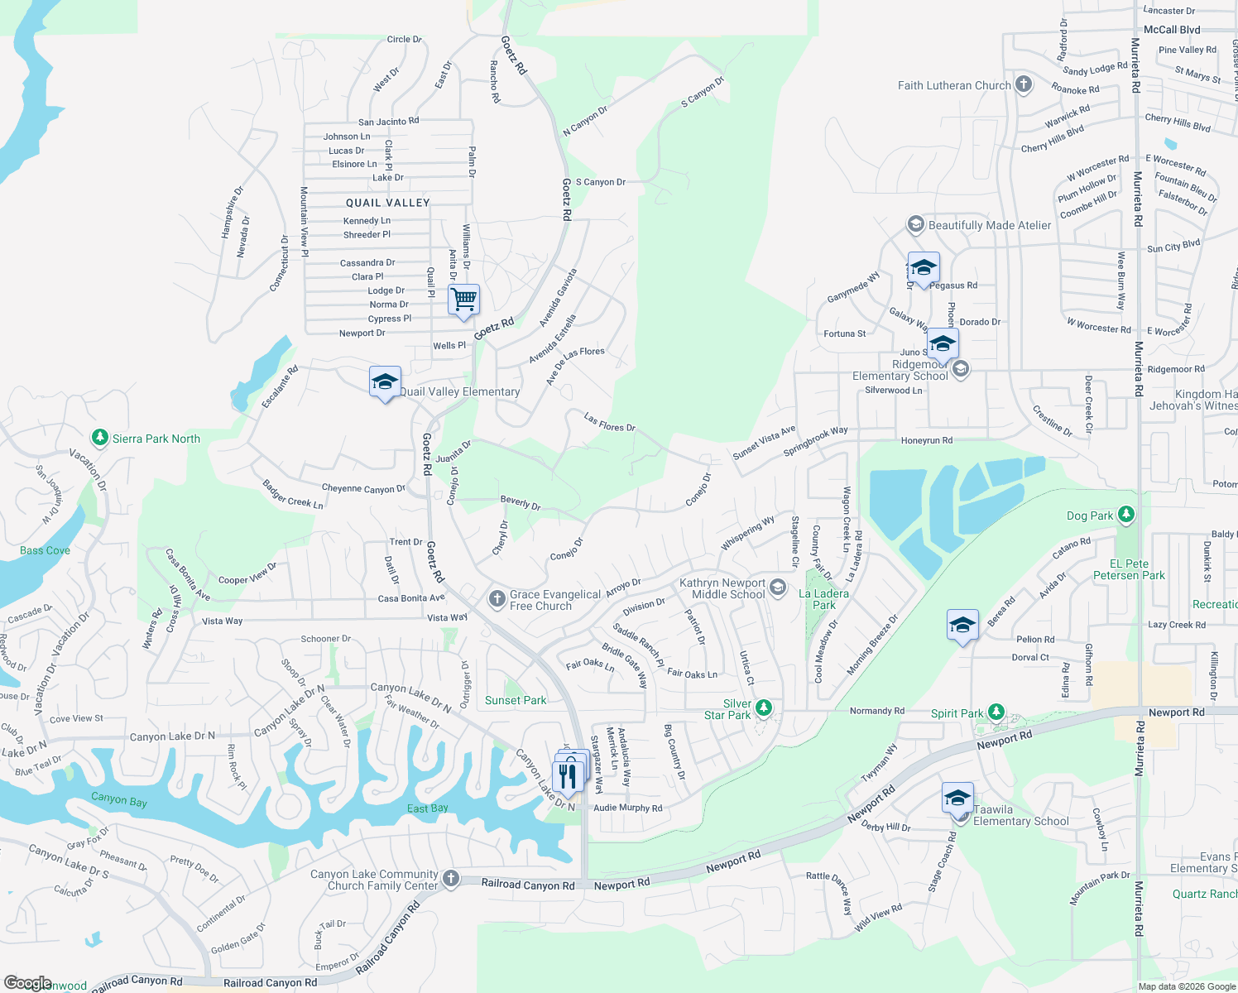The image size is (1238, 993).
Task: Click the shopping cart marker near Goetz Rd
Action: click(464, 300)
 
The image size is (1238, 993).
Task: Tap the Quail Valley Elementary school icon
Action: click(385, 381)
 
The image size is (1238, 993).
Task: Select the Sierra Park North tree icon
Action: click(100, 438)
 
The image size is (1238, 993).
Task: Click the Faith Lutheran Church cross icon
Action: click(1024, 84)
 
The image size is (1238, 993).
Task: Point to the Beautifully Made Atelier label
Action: click(989, 225)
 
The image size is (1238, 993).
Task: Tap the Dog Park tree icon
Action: click(1125, 515)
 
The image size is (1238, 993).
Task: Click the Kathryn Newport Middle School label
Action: click(722, 588)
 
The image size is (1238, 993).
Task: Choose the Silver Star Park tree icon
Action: click(764, 708)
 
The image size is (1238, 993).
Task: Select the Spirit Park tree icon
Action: click(996, 712)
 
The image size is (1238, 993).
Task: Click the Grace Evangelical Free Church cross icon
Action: click(497, 598)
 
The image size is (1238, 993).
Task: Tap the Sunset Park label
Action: click(516, 700)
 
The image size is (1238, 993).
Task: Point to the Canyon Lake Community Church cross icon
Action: click(451, 878)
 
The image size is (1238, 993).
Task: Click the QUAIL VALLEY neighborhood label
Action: click(387, 203)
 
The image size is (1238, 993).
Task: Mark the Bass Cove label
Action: click(45, 550)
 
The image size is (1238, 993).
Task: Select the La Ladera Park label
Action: click(823, 599)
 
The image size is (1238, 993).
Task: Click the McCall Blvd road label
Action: click(1171, 30)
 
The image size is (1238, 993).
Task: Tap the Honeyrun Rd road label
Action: click(926, 440)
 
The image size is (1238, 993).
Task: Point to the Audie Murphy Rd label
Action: click(627, 808)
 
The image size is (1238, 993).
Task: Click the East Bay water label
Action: click(428, 808)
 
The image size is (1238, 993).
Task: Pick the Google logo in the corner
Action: click(28, 982)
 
